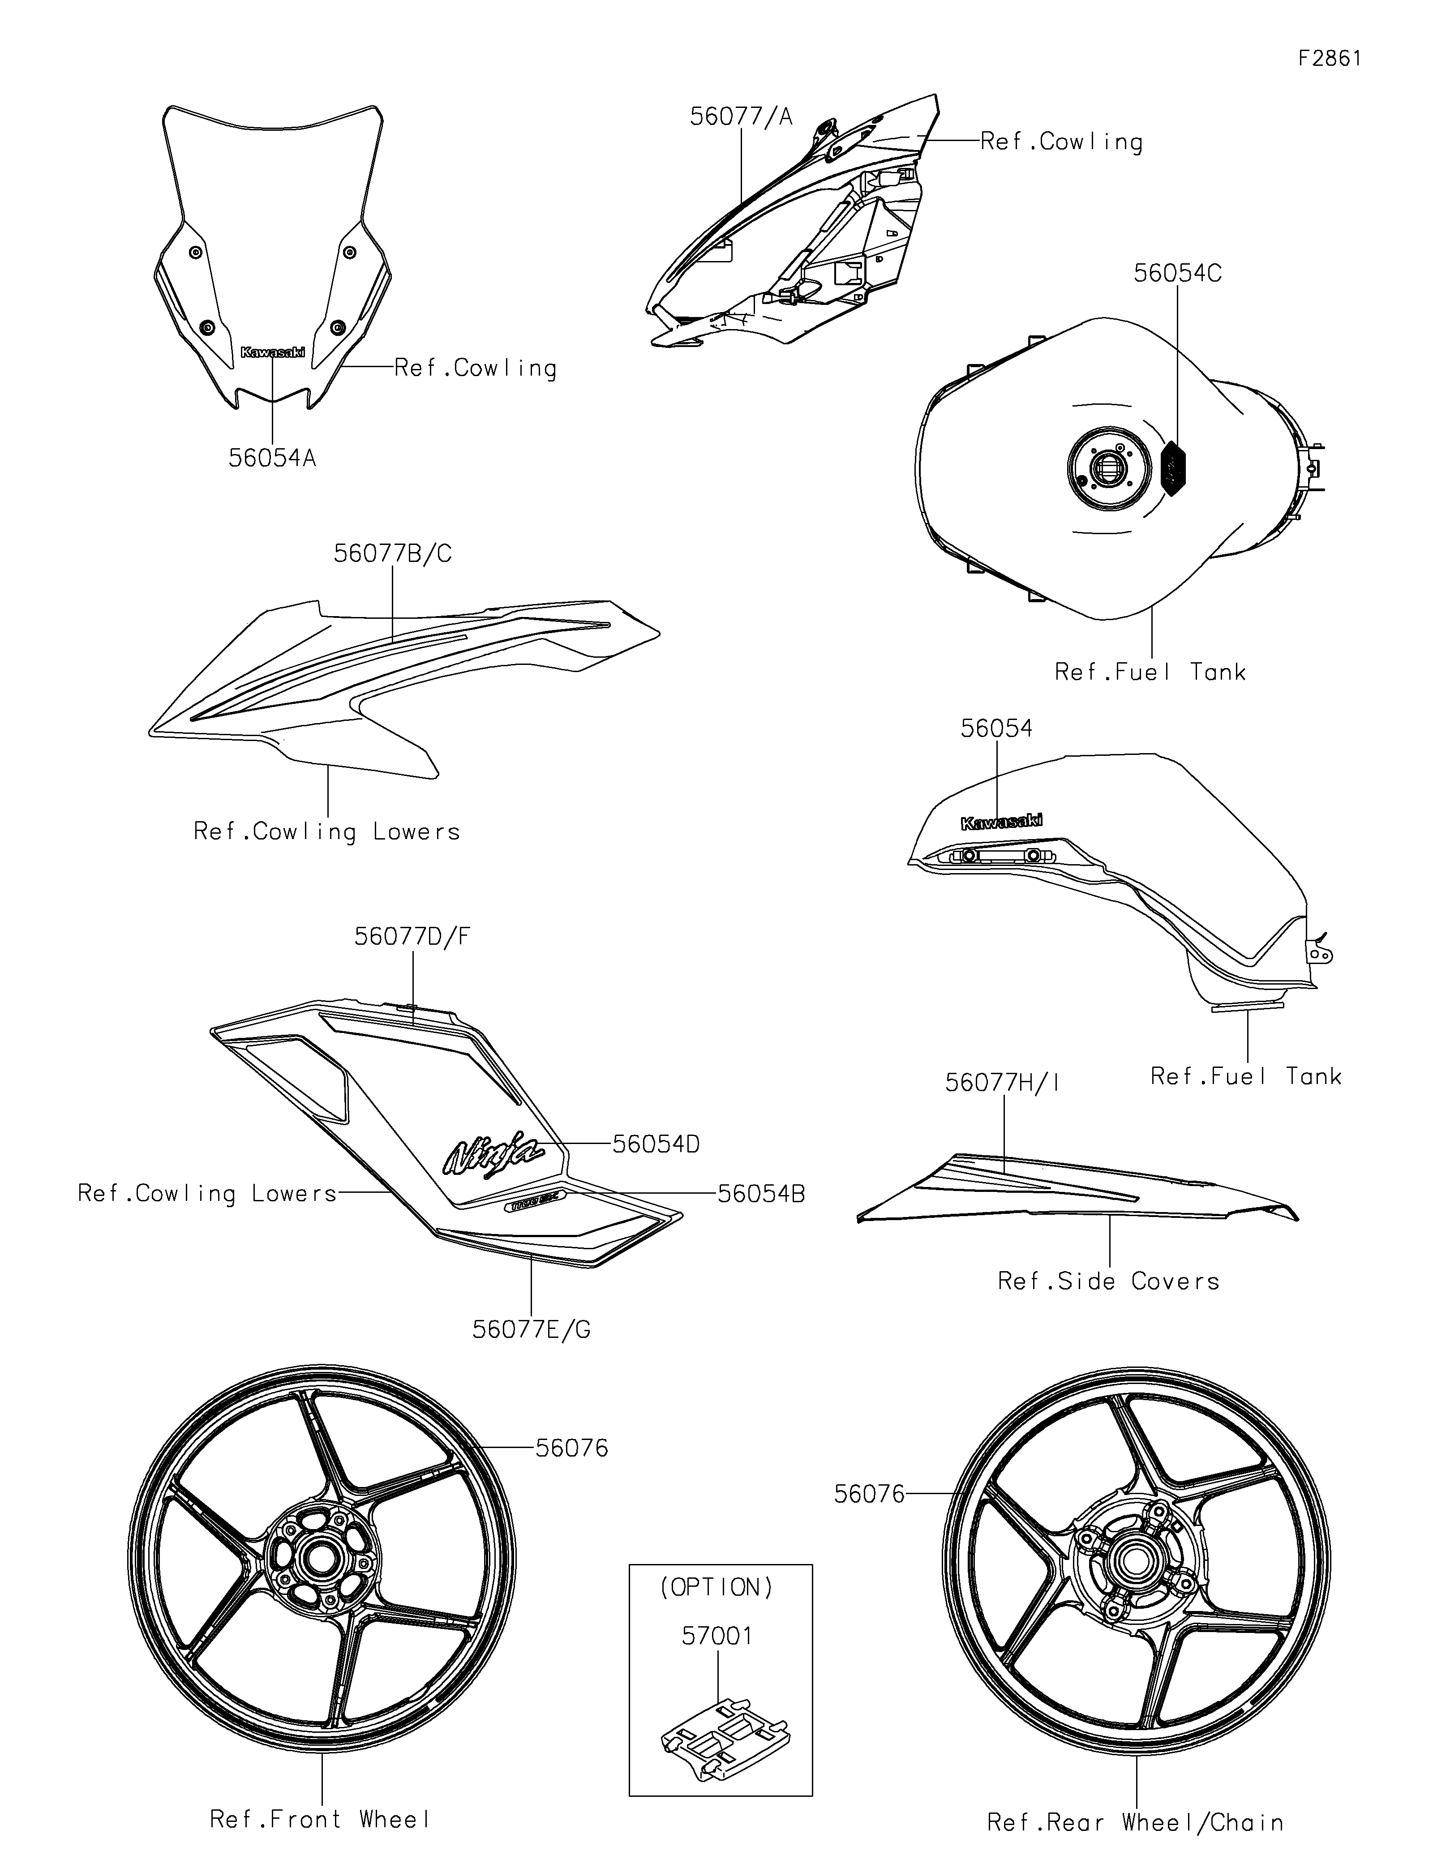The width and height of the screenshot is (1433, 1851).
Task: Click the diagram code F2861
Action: point(1330,59)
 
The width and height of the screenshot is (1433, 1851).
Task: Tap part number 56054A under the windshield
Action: point(272,458)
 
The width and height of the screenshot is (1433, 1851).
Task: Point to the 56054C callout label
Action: point(1178,273)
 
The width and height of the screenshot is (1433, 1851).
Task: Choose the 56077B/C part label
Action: point(392,553)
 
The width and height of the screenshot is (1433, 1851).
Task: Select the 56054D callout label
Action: point(656,1144)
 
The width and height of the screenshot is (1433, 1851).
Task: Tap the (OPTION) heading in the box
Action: point(717,1587)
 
